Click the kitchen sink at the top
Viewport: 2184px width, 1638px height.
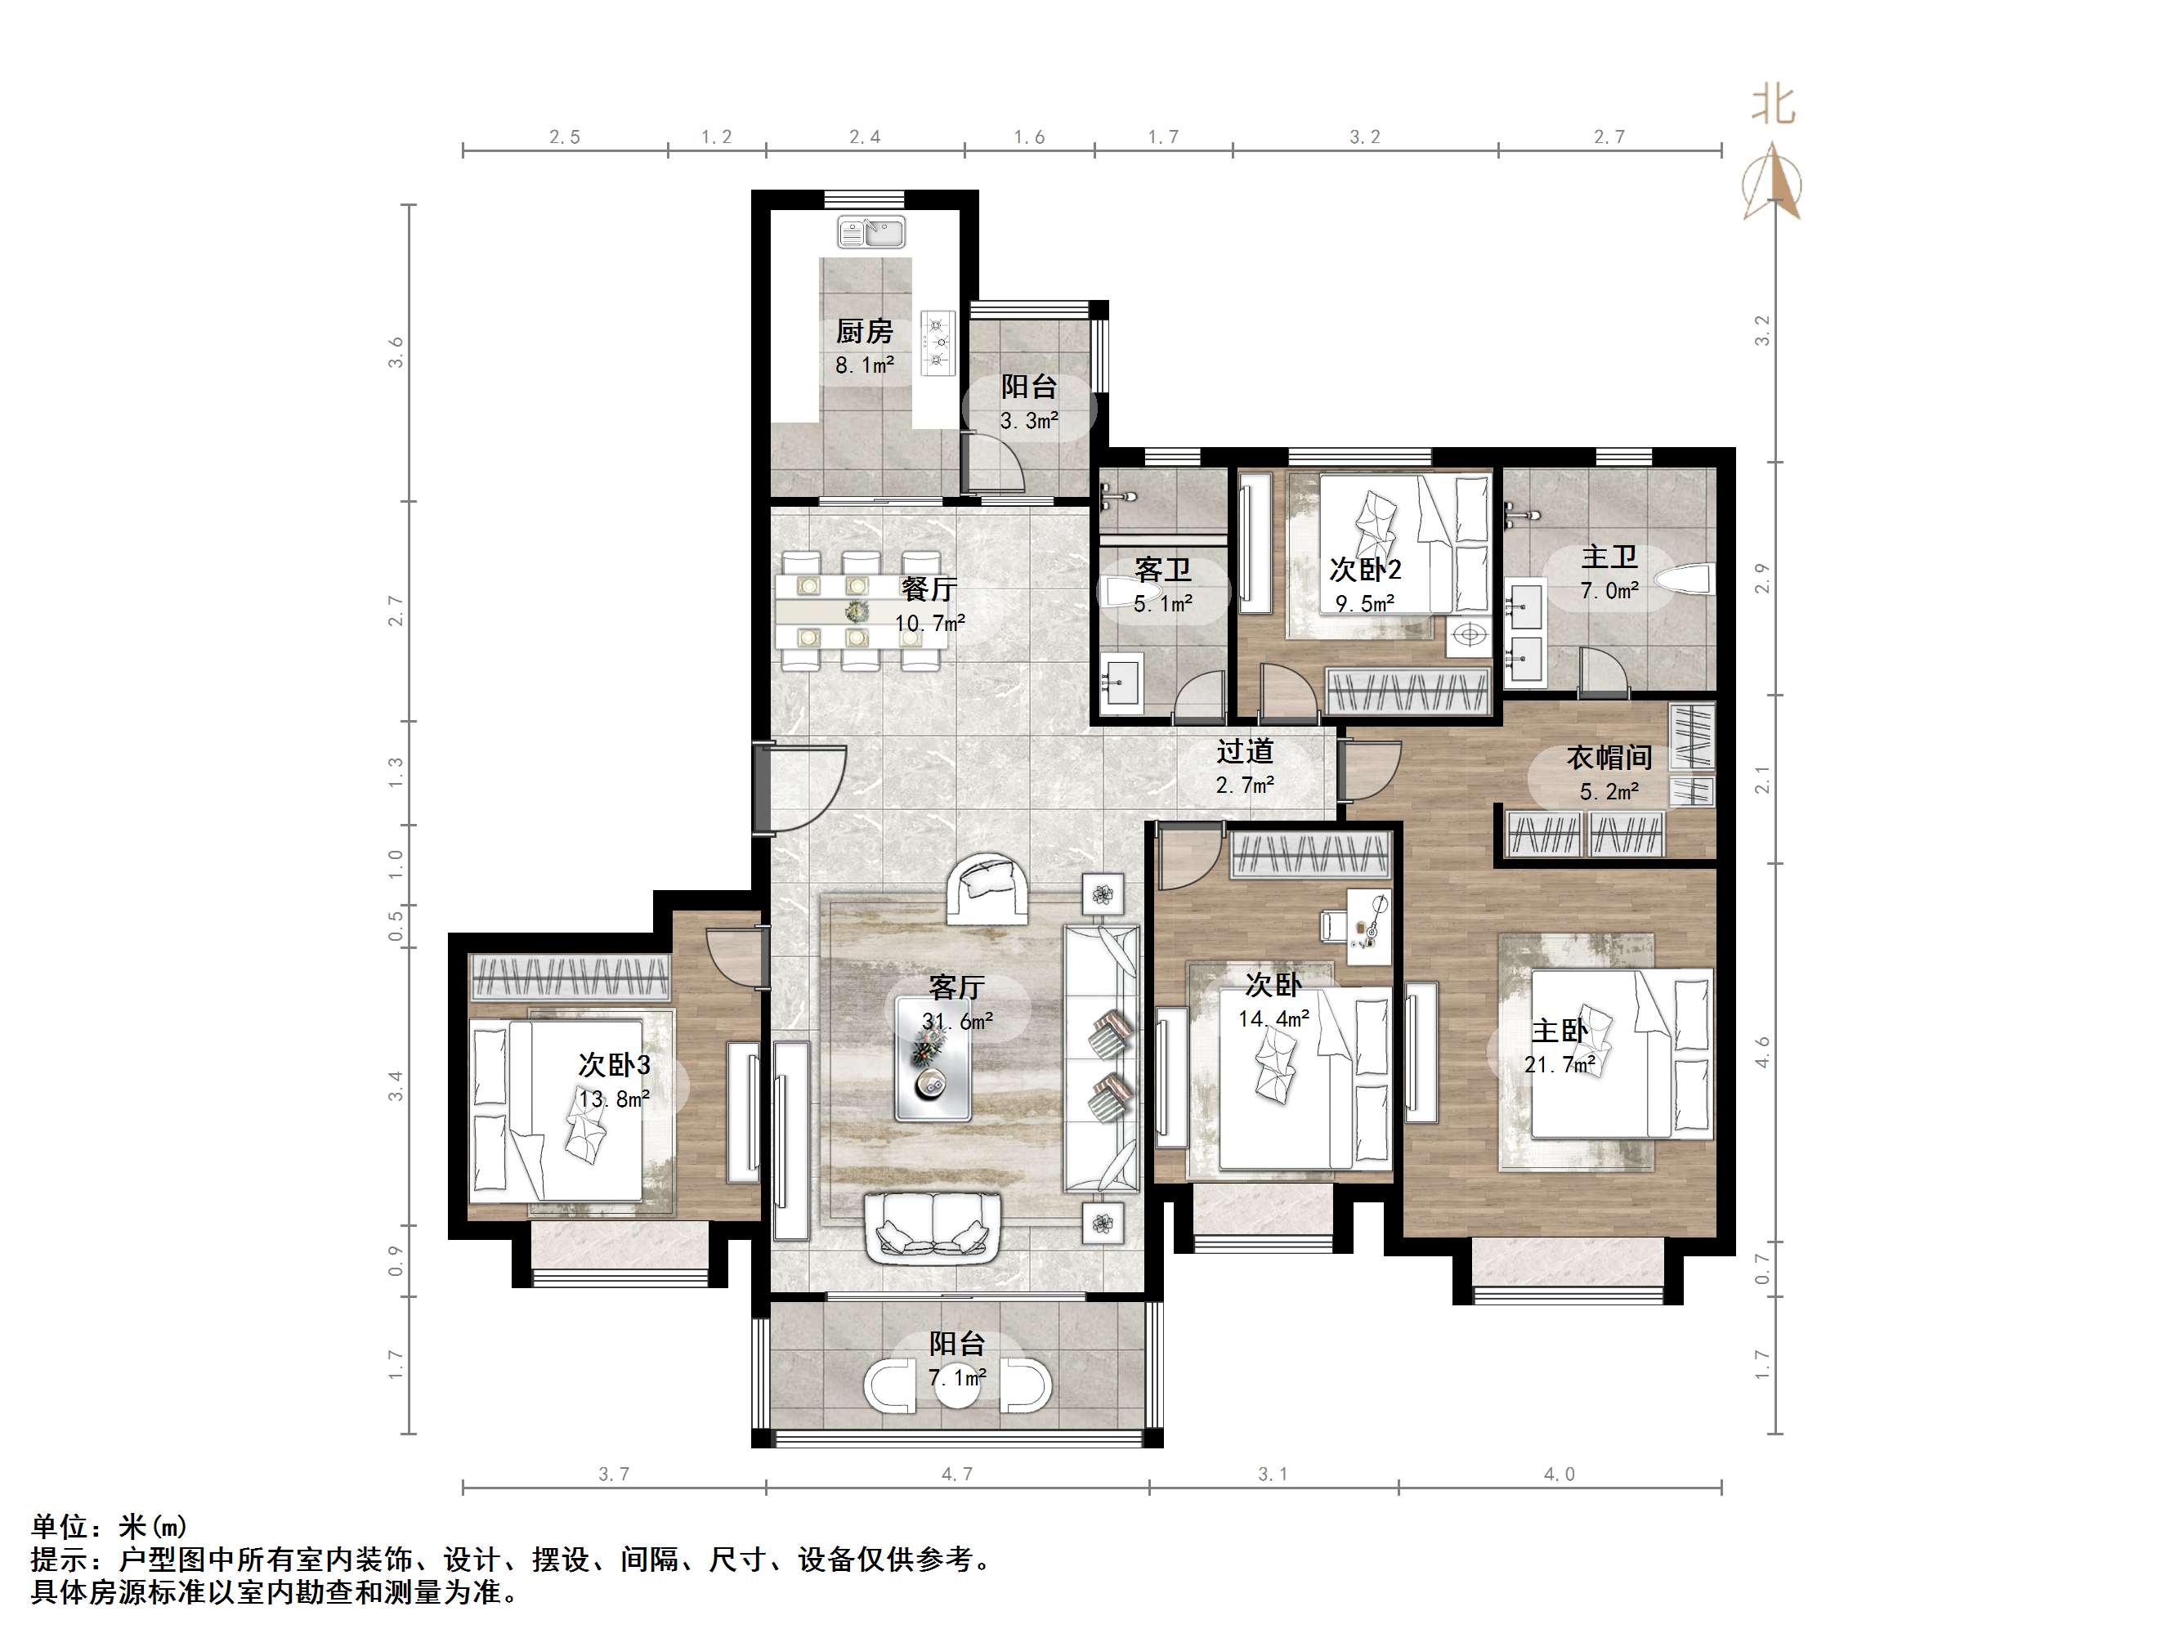tap(872, 233)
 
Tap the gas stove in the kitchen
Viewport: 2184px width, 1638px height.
tap(938, 342)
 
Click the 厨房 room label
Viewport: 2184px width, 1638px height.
tap(864, 332)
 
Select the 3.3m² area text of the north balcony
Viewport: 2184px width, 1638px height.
tap(1029, 422)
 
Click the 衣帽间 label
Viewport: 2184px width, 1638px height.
tap(1609, 758)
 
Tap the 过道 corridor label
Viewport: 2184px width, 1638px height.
tap(1244, 751)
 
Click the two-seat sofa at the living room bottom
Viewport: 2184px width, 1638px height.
tap(933, 1228)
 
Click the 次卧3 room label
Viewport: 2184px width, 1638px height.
tap(613, 1064)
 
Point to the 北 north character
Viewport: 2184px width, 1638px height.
tap(1772, 105)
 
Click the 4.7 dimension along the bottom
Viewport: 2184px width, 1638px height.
tap(955, 1474)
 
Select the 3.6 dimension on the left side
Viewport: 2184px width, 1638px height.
tap(396, 352)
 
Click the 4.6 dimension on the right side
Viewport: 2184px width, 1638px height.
tap(1762, 1051)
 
